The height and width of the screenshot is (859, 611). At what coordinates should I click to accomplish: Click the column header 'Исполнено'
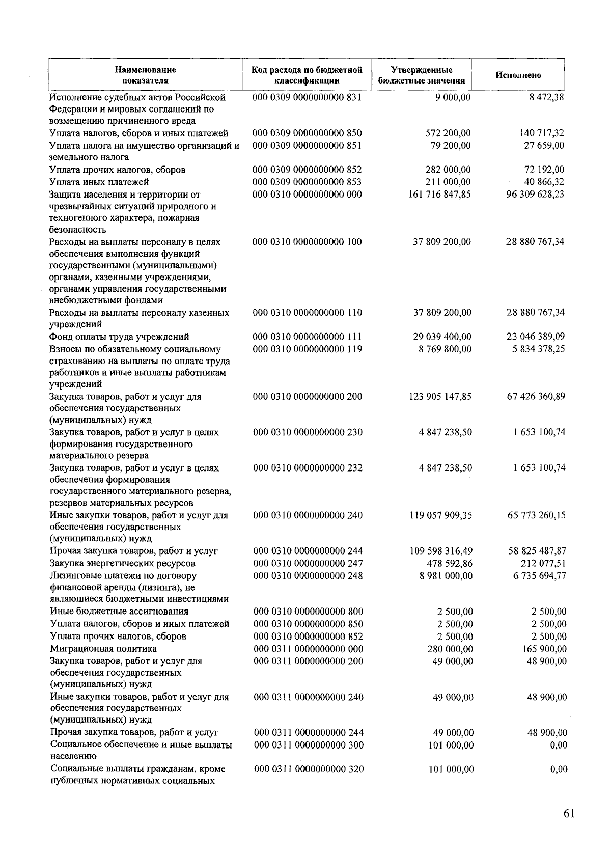click(518, 75)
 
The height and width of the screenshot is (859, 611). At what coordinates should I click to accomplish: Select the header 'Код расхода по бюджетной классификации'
click(307, 75)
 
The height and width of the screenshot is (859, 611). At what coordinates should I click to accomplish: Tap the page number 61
click(569, 813)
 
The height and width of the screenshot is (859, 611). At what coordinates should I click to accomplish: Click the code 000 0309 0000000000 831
click(307, 97)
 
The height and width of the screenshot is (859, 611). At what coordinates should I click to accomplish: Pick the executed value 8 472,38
click(546, 97)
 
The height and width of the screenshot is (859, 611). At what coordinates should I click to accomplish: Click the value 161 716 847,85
click(439, 194)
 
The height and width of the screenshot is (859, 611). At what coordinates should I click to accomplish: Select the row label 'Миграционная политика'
click(103, 649)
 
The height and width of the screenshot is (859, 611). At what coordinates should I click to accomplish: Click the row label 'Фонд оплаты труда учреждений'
click(119, 337)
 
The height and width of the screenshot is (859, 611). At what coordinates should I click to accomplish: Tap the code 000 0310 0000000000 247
click(308, 563)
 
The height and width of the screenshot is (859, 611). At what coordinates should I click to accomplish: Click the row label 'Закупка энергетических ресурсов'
click(122, 563)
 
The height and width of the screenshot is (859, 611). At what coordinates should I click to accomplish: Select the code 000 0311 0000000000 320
click(309, 769)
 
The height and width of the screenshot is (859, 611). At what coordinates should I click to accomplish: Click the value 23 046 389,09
click(535, 337)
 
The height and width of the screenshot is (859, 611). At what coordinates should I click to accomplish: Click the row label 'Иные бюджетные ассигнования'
click(119, 612)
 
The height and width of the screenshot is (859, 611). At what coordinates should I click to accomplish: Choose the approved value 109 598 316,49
click(440, 551)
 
